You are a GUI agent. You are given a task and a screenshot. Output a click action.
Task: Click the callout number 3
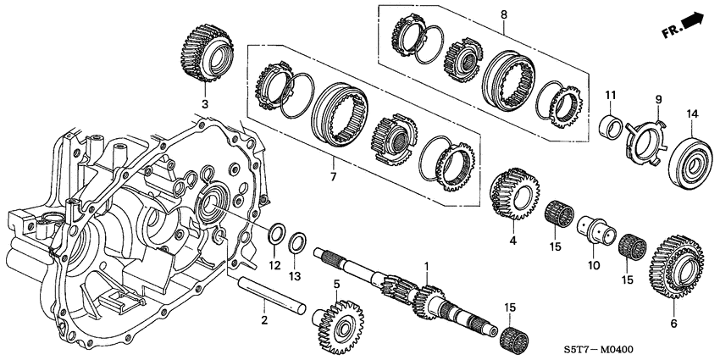[x=203, y=104]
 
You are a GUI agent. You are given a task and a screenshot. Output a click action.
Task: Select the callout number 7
[x=333, y=176]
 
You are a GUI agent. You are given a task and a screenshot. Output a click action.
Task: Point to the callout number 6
[x=673, y=323]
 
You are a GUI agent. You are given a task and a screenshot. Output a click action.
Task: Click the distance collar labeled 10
[x=595, y=231]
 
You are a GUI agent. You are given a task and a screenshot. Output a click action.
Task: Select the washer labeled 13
[x=297, y=244]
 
